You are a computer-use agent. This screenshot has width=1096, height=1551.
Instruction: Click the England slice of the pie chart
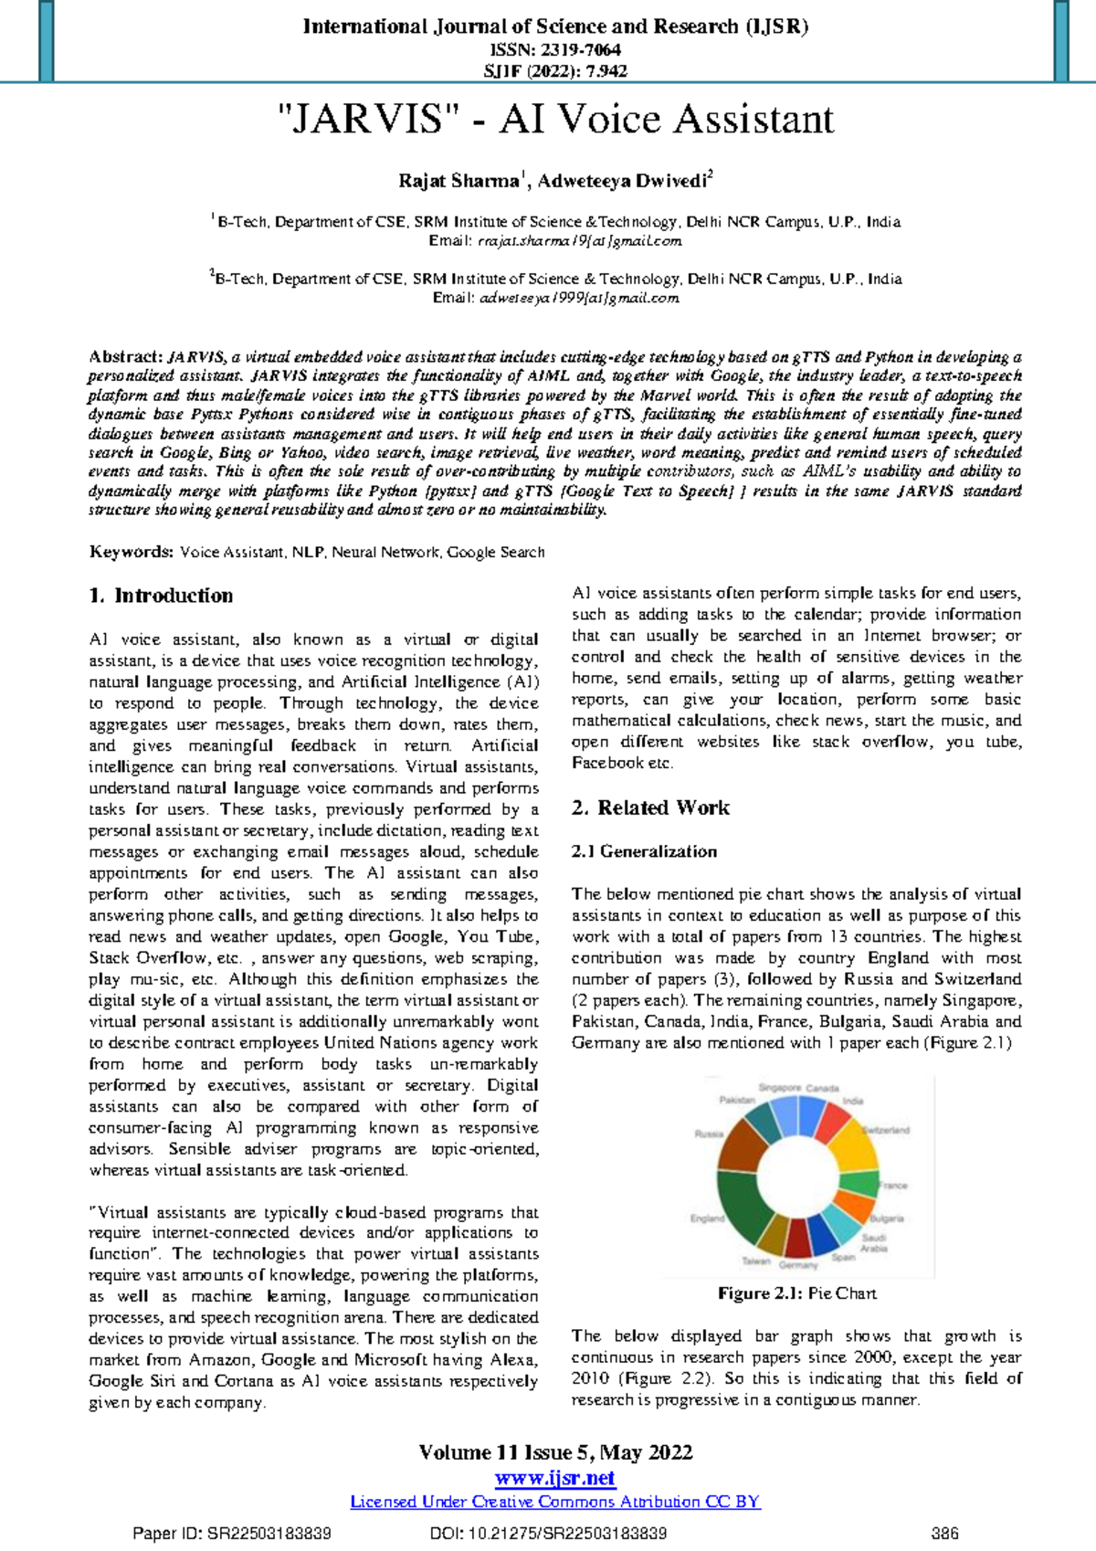coord(738,1197)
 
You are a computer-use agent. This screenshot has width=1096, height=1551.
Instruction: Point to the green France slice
coord(859,1184)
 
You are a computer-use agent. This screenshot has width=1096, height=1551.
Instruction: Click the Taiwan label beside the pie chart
coord(755,1261)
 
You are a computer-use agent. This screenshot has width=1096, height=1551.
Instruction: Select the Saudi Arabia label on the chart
coord(873,1243)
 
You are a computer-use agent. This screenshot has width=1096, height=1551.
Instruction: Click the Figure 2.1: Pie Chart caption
coord(796,1293)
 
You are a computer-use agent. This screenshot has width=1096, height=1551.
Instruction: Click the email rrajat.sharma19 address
coord(579,241)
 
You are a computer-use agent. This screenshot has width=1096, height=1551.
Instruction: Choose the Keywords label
coord(131,552)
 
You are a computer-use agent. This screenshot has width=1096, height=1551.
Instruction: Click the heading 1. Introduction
coord(161,596)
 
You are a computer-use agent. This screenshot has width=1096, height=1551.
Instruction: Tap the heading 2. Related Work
coord(650,807)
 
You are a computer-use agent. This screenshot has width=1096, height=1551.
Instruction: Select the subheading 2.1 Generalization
coord(644,851)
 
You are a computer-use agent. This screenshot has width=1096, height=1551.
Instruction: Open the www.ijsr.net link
coord(555,1478)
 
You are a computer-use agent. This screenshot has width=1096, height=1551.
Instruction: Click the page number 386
coord(944,1534)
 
